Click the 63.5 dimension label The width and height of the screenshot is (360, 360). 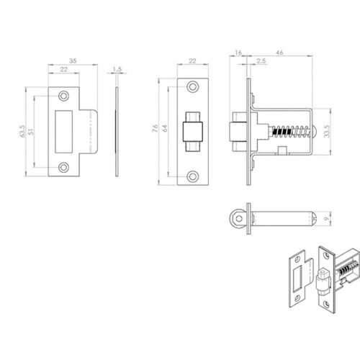pyautogui.click(x=22, y=131)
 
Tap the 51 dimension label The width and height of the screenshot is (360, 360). pyautogui.click(x=31, y=132)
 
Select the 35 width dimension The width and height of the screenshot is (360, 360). pyautogui.click(x=73, y=61)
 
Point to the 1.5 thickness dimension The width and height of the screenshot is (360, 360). pyautogui.click(x=117, y=69)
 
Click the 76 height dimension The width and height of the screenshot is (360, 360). pyautogui.click(x=155, y=128)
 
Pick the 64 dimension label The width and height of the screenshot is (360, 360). pyautogui.click(x=165, y=128)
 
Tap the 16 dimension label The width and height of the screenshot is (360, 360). pyautogui.click(x=238, y=53)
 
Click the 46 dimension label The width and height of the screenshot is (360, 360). pyautogui.click(x=279, y=53)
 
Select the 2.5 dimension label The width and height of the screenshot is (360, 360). pyautogui.click(x=261, y=61)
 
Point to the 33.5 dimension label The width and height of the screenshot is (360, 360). pyautogui.click(x=327, y=132)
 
